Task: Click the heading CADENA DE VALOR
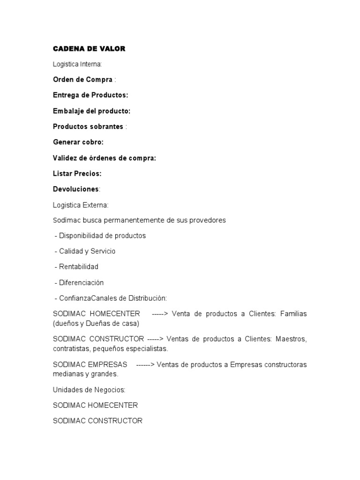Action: pyautogui.click(x=89, y=48)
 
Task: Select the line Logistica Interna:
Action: pyautogui.click(x=80, y=64)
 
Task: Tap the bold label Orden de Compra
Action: pyautogui.click(x=82, y=79)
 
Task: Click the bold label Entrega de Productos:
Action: pyautogui.click(x=90, y=95)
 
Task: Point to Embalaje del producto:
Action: pyautogui.click(x=91, y=111)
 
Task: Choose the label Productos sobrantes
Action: pyautogui.click(x=88, y=127)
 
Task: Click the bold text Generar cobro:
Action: pyautogui.click(x=78, y=142)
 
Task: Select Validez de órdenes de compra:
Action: pyautogui.click(x=105, y=158)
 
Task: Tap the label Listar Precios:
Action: pyautogui.click(x=77, y=173)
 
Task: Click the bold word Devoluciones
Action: pyautogui.click(x=76, y=189)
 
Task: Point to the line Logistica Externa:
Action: pyautogui.click(x=81, y=205)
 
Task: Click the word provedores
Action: pyautogui.click(x=208, y=220)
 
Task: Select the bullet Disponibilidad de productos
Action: pyautogui.click(x=102, y=236)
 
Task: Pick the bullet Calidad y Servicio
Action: pyautogui.click(x=87, y=251)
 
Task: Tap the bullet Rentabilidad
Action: pyautogui.click(x=79, y=267)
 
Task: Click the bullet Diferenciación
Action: pyautogui.click(x=81, y=283)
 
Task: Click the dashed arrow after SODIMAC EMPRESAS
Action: pyautogui.click(x=145, y=365)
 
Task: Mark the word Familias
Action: pyautogui.click(x=293, y=314)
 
